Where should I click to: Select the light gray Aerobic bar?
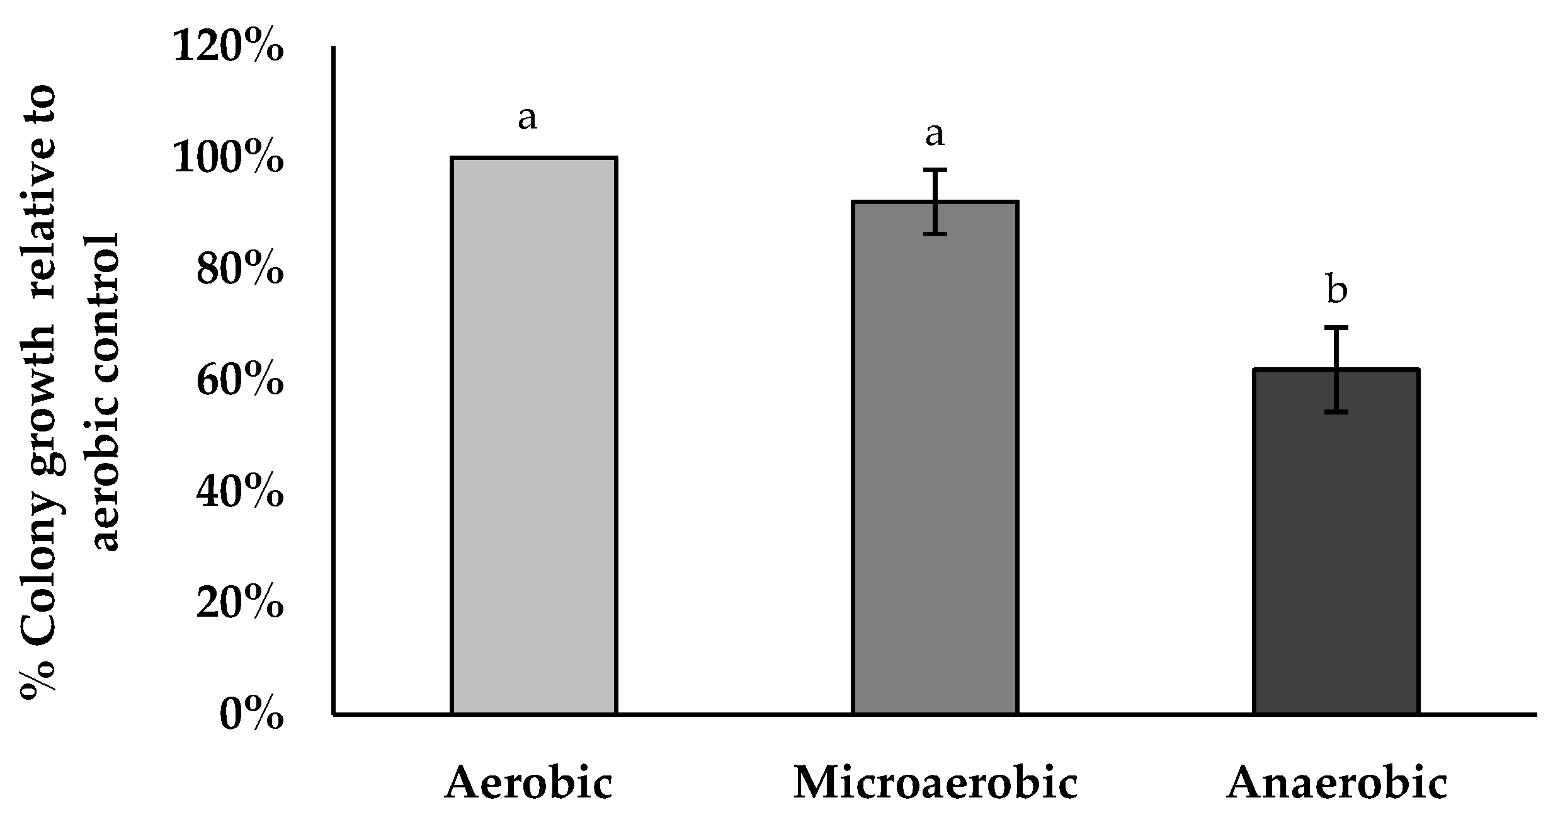click(x=533, y=435)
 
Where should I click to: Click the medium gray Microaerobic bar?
click(x=935, y=457)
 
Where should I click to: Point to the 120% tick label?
click(x=228, y=47)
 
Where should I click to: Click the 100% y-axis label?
click(x=228, y=159)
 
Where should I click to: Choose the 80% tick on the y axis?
click(x=239, y=270)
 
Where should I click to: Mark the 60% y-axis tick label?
click(x=239, y=382)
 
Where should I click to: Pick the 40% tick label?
click(x=239, y=493)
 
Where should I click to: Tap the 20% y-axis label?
click(x=239, y=605)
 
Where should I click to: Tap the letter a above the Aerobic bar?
click(x=527, y=118)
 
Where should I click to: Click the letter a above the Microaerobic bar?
click(x=935, y=134)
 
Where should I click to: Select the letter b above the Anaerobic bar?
click(x=1336, y=290)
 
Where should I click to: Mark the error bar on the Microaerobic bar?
click(x=936, y=202)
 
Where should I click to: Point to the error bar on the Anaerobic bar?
click(x=1335, y=369)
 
